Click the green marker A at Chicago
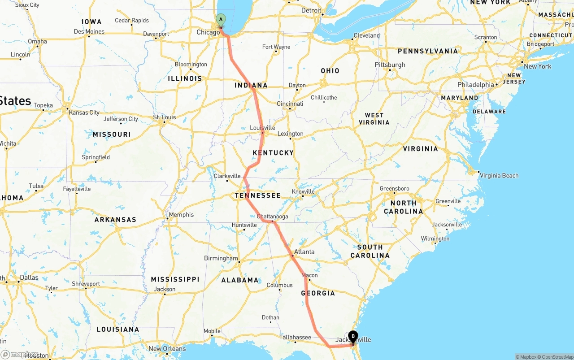(221, 19)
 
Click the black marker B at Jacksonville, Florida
(353, 336)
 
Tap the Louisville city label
(262, 128)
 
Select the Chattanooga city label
(272, 217)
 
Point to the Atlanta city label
(304, 252)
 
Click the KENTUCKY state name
(273, 153)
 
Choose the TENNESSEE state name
(258, 195)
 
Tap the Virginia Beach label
(499, 175)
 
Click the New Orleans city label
(167, 349)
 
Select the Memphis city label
(181, 215)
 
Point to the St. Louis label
(165, 117)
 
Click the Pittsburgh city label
(390, 65)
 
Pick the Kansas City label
(84, 113)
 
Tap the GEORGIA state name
(318, 293)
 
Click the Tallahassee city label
(295, 337)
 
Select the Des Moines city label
(89, 31)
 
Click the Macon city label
(309, 275)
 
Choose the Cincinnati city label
(290, 104)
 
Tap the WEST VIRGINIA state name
(374, 119)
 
